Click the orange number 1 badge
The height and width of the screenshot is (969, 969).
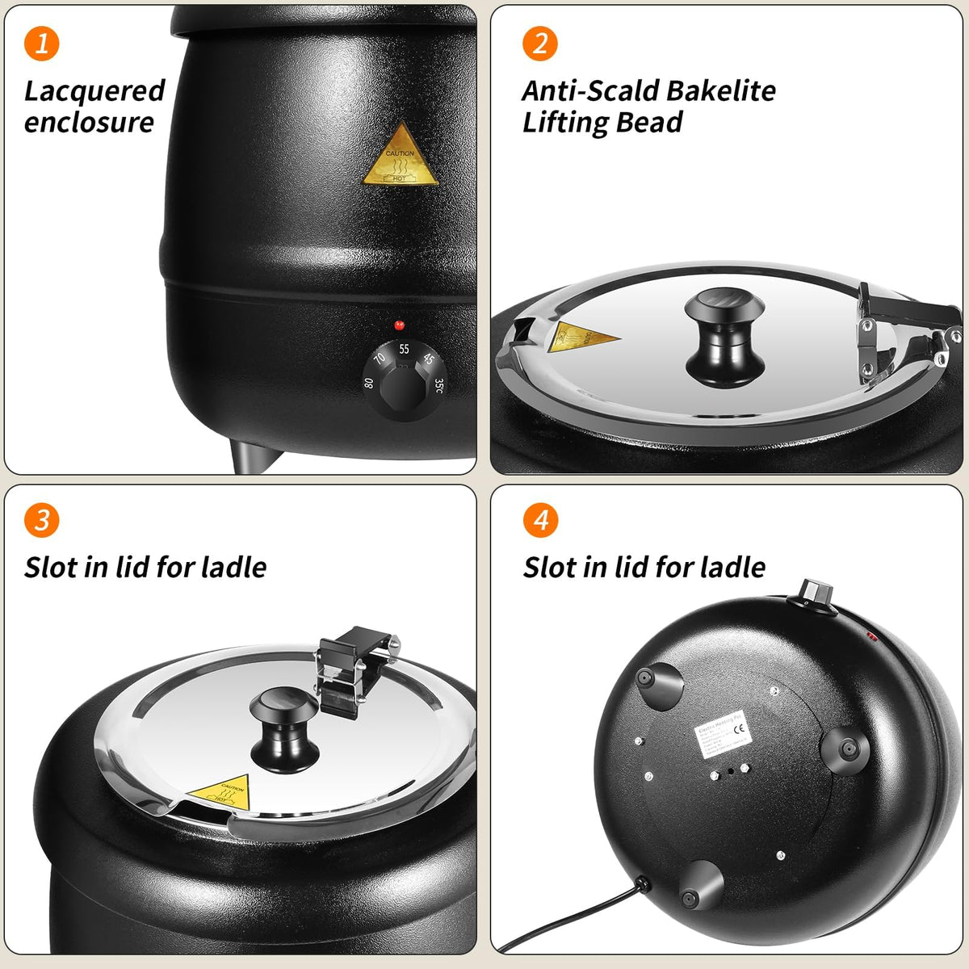point(42,43)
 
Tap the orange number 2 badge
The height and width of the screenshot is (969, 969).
point(540,43)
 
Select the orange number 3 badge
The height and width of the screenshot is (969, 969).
point(42,520)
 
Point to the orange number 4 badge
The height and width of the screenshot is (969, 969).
point(540,520)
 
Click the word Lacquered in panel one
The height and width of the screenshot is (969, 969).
point(94,91)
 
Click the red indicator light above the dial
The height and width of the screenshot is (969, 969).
point(399,325)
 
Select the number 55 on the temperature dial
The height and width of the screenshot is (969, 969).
point(404,350)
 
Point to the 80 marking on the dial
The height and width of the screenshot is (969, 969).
point(370,383)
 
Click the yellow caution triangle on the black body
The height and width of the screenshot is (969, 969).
point(401,157)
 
